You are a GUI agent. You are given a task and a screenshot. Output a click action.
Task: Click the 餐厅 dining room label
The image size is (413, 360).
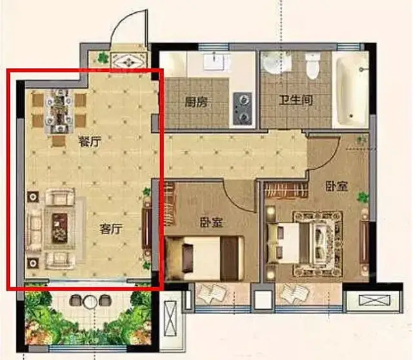pyautogui.click(x=90, y=142)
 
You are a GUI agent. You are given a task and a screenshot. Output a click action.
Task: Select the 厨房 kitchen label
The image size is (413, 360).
pyautogui.click(x=196, y=102)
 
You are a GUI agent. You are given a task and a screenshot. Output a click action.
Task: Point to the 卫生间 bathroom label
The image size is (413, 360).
pyautogui.click(x=296, y=100)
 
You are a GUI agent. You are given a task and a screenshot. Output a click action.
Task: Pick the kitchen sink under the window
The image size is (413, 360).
pyautogui.click(x=214, y=61)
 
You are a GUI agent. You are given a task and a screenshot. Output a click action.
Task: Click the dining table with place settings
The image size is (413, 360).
pyautogui.click(x=59, y=110)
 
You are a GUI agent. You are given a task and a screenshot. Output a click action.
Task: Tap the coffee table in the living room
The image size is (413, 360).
pyautogui.click(x=59, y=228)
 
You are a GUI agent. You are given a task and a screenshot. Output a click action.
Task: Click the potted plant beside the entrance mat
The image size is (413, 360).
pyautogui.click(x=103, y=57)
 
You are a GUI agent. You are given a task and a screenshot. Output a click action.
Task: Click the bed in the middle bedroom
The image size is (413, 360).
pyautogui.click(x=205, y=257)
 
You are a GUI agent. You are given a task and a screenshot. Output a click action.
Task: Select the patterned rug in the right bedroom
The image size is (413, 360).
pyautogui.click(x=318, y=243)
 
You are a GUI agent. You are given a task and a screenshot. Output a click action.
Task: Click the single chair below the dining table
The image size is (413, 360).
pyautogui.click(x=58, y=141)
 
